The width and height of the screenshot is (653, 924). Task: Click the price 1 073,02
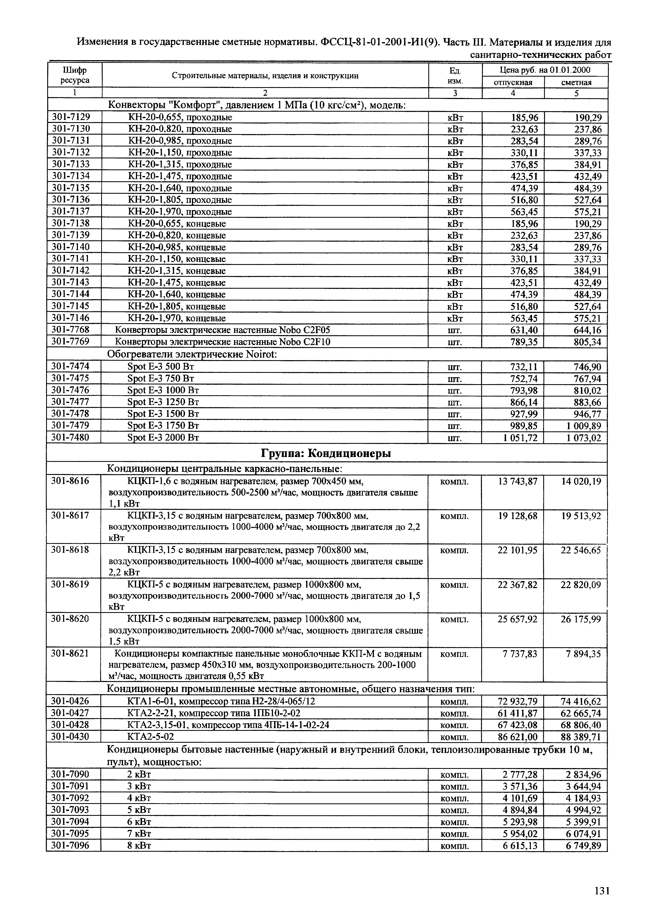(584, 438)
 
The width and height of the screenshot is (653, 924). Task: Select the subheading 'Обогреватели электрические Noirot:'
(192, 354)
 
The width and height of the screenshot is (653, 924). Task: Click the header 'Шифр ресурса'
(75, 75)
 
